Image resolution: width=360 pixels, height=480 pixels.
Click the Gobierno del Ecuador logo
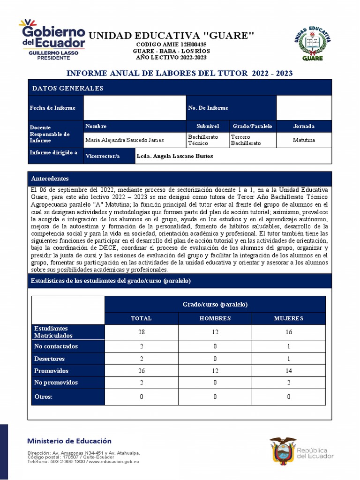(x=52, y=40)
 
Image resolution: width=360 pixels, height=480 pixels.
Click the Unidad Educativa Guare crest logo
(x=315, y=43)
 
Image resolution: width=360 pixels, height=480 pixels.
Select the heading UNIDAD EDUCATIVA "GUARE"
(x=171, y=36)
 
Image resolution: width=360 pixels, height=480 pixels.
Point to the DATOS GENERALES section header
(x=67, y=88)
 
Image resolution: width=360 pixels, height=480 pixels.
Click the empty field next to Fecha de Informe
(x=135, y=108)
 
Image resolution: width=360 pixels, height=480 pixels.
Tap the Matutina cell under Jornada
(x=304, y=140)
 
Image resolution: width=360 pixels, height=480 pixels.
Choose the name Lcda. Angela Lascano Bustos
(x=174, y=156)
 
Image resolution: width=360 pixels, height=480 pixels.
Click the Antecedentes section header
(x=50, y=179)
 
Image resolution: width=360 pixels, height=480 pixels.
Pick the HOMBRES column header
(x=215, y=318)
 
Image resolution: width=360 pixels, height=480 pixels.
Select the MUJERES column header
(x=289, y=318)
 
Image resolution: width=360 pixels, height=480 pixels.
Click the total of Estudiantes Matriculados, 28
(x=141, y=332)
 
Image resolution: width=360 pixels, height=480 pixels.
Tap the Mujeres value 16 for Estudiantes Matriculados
(x=289, y=332)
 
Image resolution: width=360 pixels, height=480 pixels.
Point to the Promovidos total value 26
(x=141, y=371)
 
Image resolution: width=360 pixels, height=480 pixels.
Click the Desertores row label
(x=49, y=359)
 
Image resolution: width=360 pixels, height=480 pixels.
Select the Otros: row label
(x=44, y=397)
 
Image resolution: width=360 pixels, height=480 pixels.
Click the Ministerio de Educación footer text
(x=69, y=441)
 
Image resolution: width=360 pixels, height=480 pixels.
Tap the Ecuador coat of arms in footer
(x=282, y=451)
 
